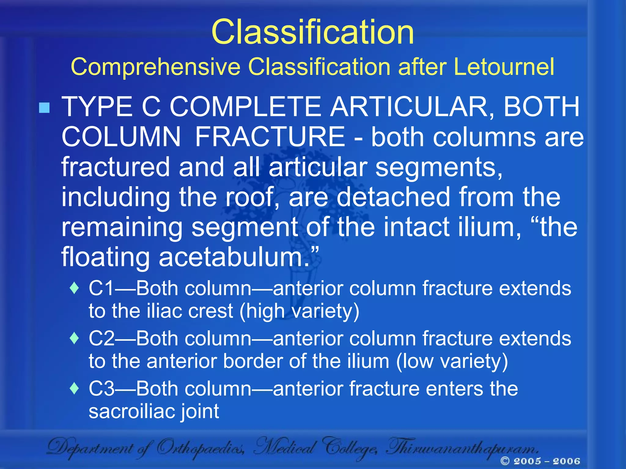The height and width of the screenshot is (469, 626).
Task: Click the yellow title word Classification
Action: click(x=312, y=32)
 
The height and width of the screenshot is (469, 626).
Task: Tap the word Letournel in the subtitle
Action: click(x=504, y=67)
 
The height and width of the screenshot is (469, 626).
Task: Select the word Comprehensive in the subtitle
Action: click(x=156, y=67)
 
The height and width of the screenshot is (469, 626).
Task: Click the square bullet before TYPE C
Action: click(x=45, y=108)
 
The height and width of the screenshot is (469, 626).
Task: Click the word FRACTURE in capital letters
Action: click(x=270, y=137)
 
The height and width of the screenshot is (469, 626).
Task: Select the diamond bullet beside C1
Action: click(x=74, y=288)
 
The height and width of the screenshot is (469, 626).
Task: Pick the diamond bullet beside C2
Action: click(x=74, y=338)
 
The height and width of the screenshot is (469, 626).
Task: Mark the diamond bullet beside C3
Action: click(x=74, y=388)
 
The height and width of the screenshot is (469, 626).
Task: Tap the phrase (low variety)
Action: click(x=452, y=362)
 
